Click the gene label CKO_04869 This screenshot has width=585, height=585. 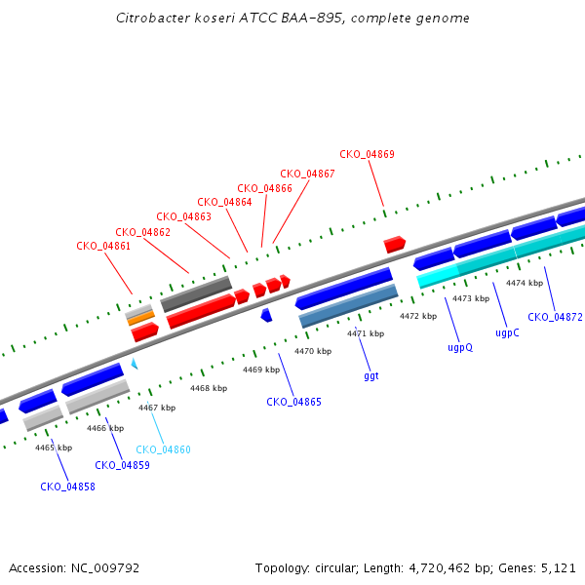[x=367, y=154]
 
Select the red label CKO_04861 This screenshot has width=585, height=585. [x=103, y=246]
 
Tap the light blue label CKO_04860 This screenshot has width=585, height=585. [x=163, y=449]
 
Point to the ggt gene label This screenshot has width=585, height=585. [x=371, y=375]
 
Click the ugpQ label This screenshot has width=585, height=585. [x=460, y=348]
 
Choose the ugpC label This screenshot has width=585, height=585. [x=507, y=332]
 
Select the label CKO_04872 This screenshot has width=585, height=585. [x=555, y=317]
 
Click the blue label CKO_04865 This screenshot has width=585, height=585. [x=293, y=402]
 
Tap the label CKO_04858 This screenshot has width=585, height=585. [x=67, y=487]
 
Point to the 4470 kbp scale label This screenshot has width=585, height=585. [x=313, y=351]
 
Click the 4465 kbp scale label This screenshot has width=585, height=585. [x=54, y=448]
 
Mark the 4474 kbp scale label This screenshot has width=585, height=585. [x=525, y=283]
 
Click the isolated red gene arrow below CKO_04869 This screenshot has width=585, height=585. [x=394, y=245]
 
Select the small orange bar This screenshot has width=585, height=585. [x=141, y=318]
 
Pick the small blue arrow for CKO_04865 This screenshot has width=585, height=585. [x=266, y=315]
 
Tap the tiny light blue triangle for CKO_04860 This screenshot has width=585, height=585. [x=135, y=364]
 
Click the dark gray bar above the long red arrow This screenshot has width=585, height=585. [x=196, y=294]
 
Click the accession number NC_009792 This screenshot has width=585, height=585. [x=105, y=568]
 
